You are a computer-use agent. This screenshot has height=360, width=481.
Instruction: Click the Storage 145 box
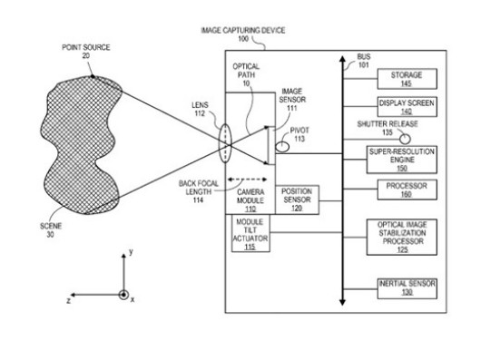[x=407, y=79]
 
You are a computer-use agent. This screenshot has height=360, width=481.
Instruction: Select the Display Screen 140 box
[x=407, y=107]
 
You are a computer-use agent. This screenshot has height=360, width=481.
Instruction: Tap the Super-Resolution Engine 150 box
[x=401, y=160]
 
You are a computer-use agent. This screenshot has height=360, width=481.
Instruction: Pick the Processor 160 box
[x=407, y=190]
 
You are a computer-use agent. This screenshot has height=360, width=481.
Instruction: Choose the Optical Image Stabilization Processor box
[x=401, y=237]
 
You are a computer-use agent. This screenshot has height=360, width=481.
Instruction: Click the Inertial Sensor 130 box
[x=407, y=288]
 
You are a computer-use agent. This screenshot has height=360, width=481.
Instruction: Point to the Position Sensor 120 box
[x=297, y=199]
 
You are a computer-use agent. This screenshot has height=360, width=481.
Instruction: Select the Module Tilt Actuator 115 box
[x=250, y=233]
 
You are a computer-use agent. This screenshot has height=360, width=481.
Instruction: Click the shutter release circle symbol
[x=405, y=139]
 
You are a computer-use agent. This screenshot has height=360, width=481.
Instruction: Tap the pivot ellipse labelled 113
[x=282, y=147]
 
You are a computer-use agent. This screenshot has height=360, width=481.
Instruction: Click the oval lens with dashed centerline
[x=225, y=143]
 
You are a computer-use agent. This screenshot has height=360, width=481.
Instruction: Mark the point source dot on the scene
[x=93, y=76]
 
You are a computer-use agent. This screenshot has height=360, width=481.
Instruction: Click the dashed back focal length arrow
[x=247, y=180]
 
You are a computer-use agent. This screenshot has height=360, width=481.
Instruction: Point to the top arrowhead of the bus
[x=343, y=59]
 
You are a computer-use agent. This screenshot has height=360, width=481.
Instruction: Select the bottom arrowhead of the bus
[x=343, y=302]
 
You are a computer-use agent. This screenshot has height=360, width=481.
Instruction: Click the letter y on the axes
[x=131, y=252]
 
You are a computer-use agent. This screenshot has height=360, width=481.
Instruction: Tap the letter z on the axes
[x=68, y=300]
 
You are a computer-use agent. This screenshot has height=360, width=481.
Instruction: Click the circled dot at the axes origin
[x=123, y=295]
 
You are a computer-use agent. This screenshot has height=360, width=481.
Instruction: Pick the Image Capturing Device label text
[x=243, y=30]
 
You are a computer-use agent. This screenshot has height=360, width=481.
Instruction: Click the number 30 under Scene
[x=50, y=235]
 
